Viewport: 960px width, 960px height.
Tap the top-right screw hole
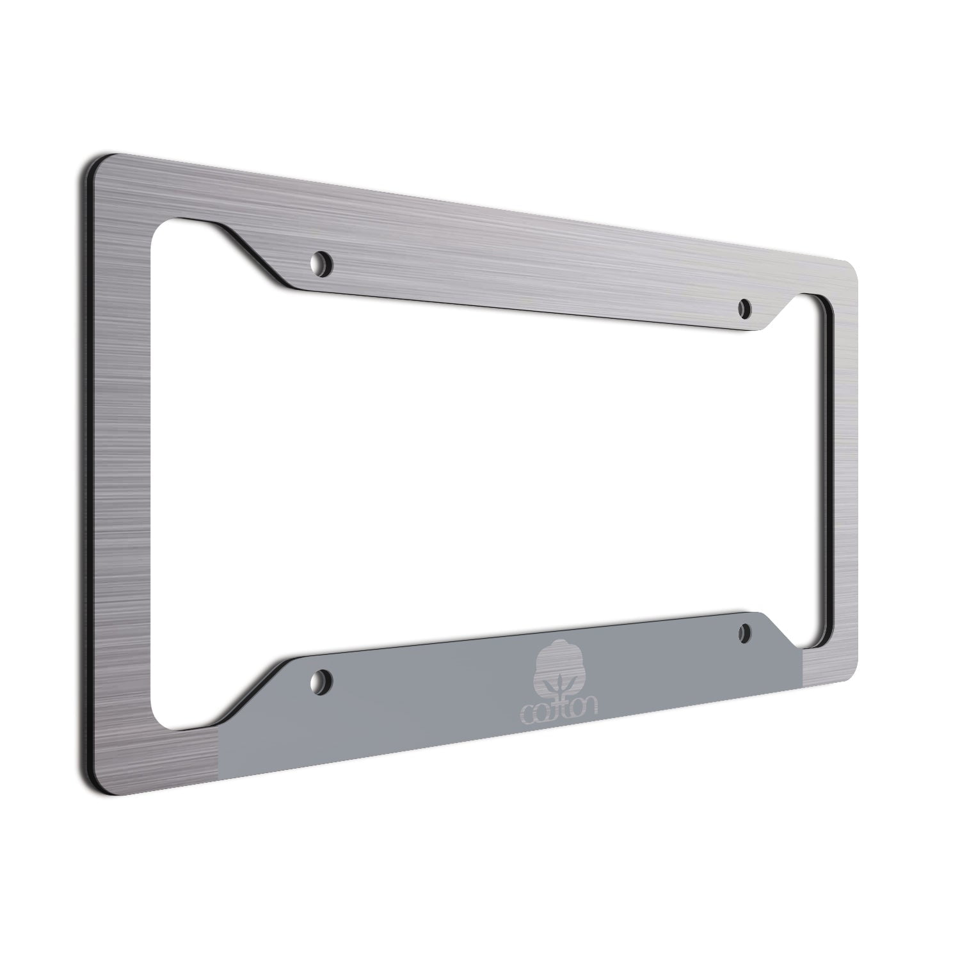click(744, 309)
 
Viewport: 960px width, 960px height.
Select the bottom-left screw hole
click(324, 678)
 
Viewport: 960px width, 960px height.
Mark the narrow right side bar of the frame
click(842, 474)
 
